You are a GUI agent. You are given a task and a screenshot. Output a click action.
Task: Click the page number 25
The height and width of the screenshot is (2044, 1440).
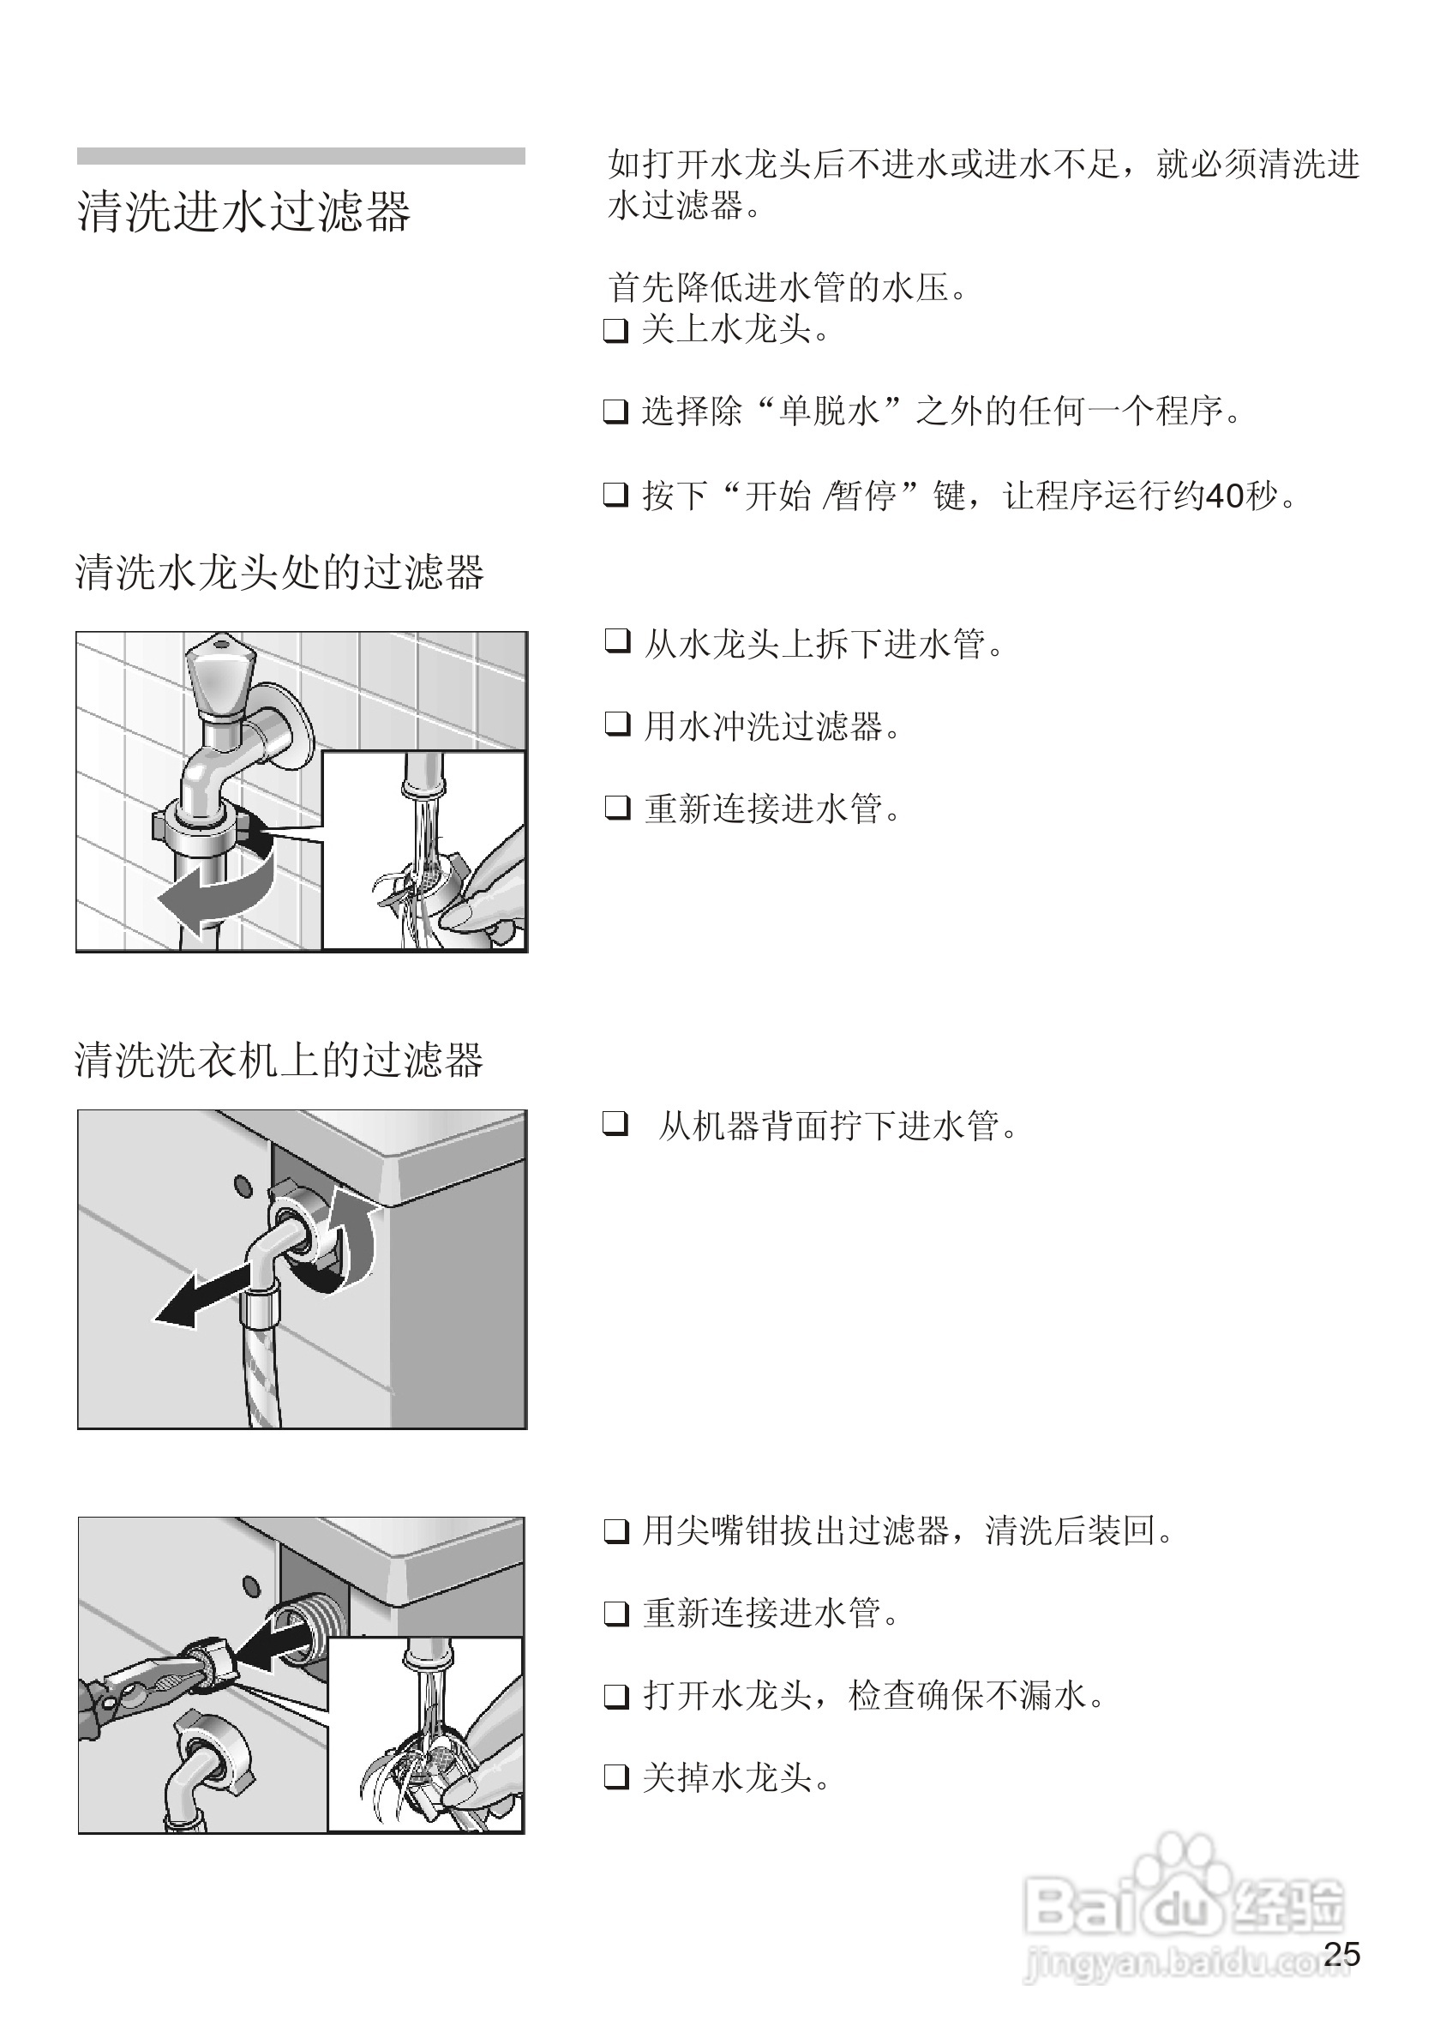pyautogui.click(x=1341, y=1954)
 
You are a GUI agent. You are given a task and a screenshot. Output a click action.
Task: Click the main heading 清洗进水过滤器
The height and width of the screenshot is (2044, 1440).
pyautogui.click(x=243, y=212)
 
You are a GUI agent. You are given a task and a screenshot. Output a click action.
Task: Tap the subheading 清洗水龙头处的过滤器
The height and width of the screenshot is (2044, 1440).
pyautogui.click(x=279, y=573)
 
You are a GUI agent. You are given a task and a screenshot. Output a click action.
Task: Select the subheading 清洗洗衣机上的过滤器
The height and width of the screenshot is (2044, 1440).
pyautogui.click(x=279, y=1061)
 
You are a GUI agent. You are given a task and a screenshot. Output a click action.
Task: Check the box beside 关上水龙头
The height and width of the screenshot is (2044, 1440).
pyautogui.click(x=616, y=330)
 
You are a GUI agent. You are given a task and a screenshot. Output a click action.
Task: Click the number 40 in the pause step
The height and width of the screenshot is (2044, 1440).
pyautogui.click(x=1223, y=496)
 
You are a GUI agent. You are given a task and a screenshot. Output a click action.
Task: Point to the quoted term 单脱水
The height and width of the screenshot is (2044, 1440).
pyautogui.click(x=829, y=412)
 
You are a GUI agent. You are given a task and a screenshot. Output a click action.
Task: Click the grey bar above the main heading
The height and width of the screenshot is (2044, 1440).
pyautogui.click(x=301, y=156)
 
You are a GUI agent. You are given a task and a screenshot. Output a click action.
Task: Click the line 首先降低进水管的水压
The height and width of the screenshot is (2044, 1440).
pyautogui.click(x=788, y=288)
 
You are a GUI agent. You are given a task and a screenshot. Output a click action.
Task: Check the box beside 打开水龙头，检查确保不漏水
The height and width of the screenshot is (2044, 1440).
pyautogui.click(x=616, y=1696)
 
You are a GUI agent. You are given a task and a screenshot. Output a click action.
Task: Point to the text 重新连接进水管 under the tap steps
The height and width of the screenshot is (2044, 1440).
pyautogui.click(x=772, y=809)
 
